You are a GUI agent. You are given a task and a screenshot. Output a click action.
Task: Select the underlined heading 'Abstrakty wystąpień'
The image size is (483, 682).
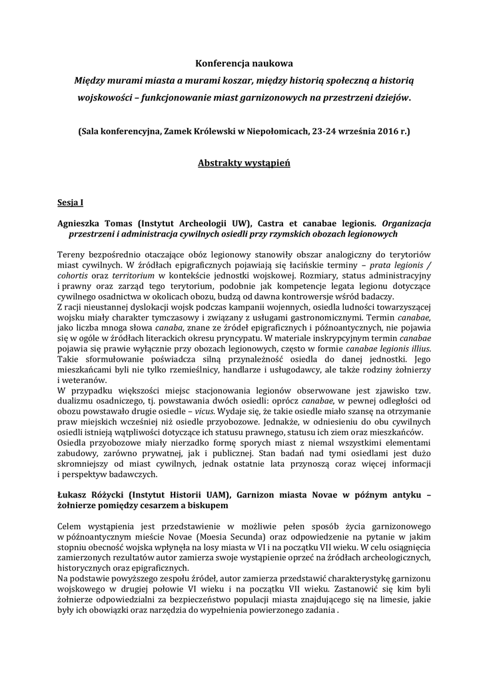pos(244,163)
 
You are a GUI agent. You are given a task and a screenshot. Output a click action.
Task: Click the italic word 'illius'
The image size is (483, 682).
pos(416,348)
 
